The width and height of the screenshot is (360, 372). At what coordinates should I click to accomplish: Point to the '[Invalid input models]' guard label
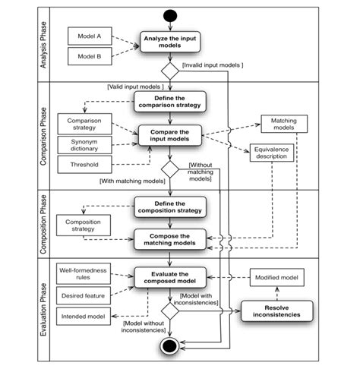212,66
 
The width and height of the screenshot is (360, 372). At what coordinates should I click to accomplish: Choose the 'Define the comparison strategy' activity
169,100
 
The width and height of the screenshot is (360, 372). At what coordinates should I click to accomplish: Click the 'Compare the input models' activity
169,136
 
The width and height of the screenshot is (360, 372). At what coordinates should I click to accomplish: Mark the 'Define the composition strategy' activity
169,206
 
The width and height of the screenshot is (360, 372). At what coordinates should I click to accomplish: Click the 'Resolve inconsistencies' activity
276,311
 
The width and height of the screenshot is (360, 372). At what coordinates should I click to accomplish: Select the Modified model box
276,279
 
